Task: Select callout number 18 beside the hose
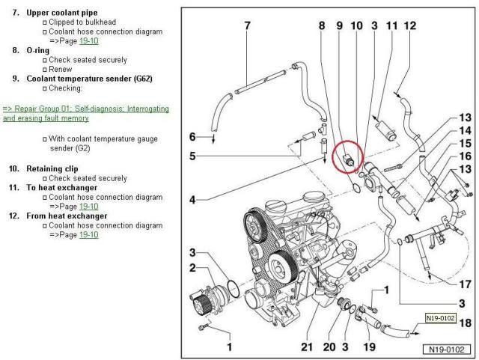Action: point(466,323)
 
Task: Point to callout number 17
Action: point(465,284)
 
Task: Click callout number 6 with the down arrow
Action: point(192,137)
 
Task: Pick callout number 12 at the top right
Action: point(409,26)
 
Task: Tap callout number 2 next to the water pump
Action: point(192,268)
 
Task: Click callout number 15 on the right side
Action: point(465,143)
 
